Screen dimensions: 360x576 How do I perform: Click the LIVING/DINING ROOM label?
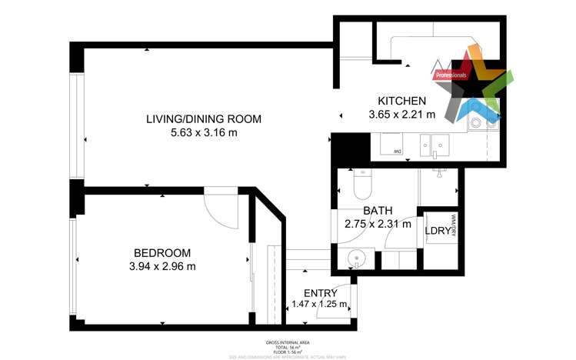click(204, 119)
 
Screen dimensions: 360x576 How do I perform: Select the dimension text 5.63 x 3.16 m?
click(204, 133)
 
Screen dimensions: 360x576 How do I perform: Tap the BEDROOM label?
click(161, 252)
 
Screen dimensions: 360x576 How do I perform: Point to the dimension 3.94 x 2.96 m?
click(161, 266)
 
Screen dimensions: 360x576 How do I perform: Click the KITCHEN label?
click(401, 101)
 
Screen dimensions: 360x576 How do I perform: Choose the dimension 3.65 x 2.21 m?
click(401, 115)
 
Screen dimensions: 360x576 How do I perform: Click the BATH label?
click(378, 211)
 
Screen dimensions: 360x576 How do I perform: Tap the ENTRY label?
click(320, 293)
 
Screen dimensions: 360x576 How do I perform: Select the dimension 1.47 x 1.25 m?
click(320, 305)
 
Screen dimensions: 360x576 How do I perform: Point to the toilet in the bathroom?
click(361, 184)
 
